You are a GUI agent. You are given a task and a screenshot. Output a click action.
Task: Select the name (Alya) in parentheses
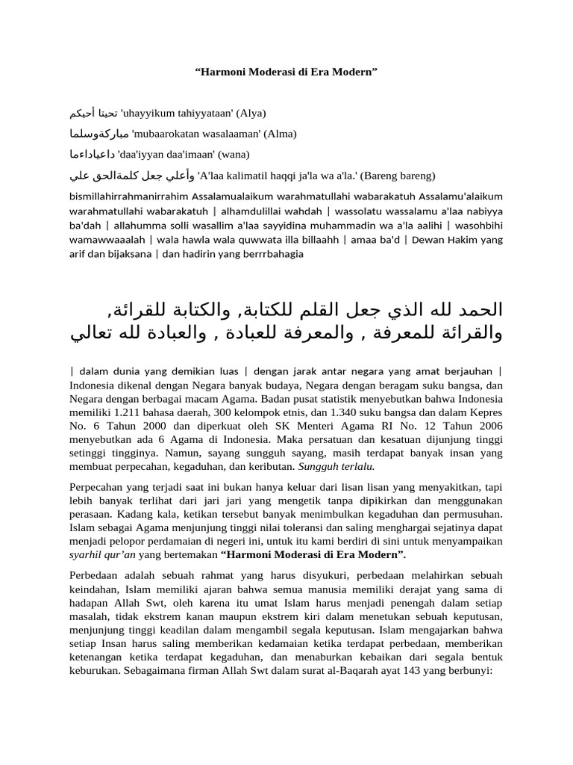tap(251, 113)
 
